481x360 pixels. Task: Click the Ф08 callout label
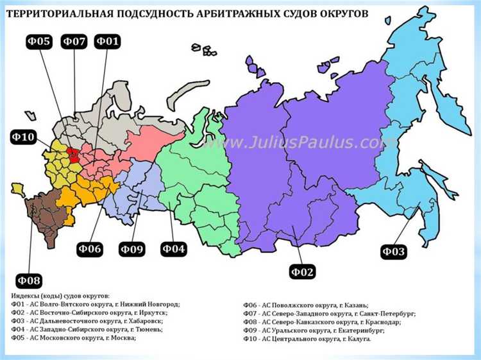click(x=29, y=280)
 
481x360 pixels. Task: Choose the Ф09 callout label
click(x=132, y=248)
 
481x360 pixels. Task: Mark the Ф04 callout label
click(x=173, y=248)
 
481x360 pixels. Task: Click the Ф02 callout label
click(x=301, y=272)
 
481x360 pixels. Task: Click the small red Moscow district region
click(x=74, y=153)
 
